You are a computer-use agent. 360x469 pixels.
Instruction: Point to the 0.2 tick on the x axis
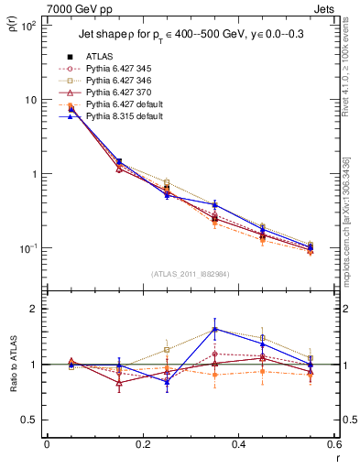pos(143,444)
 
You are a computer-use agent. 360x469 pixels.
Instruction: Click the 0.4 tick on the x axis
pos(239,444)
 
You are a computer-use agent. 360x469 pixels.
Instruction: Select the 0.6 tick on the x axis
pos(334,444)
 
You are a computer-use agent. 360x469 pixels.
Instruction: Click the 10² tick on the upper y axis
pos(27,26)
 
